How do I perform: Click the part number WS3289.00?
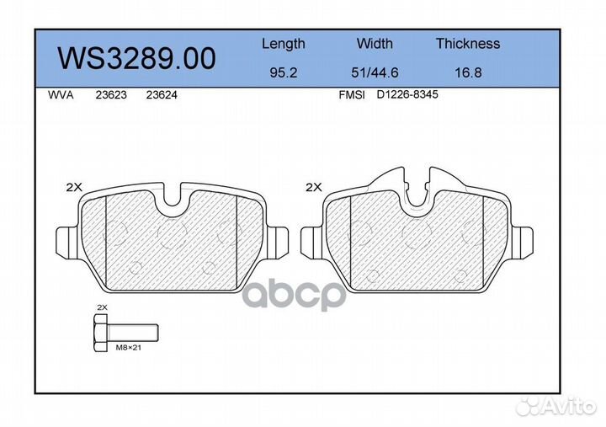tap(136, 58)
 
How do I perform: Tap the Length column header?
tap(284, 44)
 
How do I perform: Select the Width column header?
tap(375, 43)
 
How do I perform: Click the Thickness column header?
tap(468, 43)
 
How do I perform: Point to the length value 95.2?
tap(284, 72)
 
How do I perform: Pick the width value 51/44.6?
tap(375, 72)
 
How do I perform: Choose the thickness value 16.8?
tap(468, 72)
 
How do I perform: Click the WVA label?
tap(61, 95)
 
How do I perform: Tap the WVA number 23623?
tap(111, 95)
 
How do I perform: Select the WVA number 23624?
tap(162, 95)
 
